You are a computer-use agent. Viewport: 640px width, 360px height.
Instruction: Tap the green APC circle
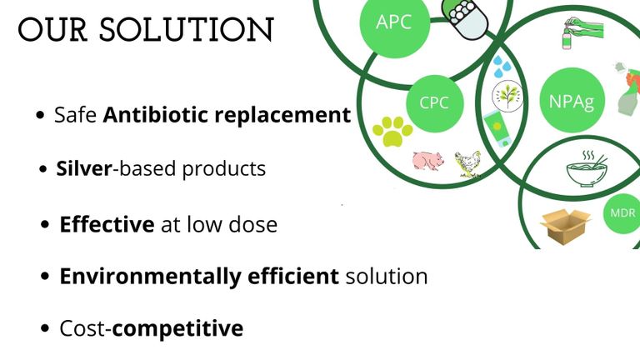394,22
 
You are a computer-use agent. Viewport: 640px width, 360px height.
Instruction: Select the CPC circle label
435,103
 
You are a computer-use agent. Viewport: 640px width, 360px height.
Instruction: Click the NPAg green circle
572,100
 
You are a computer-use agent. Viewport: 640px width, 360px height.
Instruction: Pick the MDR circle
622,213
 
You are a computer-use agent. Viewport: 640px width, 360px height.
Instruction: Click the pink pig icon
427,161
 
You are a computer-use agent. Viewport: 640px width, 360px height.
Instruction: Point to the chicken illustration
468,164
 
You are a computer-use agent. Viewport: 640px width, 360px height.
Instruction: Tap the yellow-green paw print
392,131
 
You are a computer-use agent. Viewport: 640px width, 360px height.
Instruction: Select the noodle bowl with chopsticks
587,169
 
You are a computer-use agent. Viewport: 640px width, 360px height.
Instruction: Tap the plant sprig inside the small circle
507,97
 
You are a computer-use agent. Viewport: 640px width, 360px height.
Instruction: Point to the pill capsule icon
465,19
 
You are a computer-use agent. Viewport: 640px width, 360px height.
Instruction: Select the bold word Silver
83,168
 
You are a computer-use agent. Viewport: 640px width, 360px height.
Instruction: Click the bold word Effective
107,224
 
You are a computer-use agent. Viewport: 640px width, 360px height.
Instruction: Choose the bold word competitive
177,328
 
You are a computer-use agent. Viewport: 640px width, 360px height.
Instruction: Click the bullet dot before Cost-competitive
45,328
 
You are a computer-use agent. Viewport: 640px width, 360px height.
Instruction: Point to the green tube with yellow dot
498,128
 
